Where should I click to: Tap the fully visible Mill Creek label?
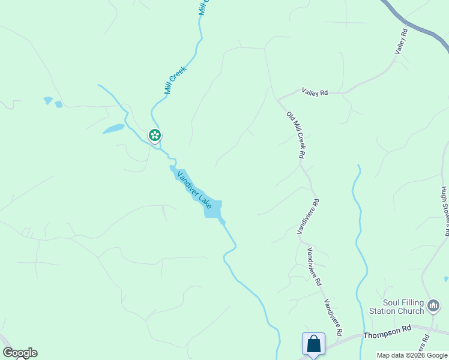pyautogui.click(x=175, y=80)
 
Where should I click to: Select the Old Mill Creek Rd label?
pyautogui.click(x=296, y=135)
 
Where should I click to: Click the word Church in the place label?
pyautogui.click(x=411, y=311)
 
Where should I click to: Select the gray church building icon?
pyautogui.click(x=433, y=307)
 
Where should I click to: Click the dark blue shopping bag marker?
pyautogui.click(x=313, y=344)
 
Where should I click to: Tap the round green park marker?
pyautogui.click(x=155, y=135)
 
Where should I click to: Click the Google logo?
pyautogui.click(x=20, y=353)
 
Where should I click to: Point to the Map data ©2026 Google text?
pyautogui.click(x=412, y=355)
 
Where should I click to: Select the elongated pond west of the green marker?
pyautogui.click(x=113, y=128)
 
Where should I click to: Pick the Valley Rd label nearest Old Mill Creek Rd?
pyautogui.click(x=315, y=92)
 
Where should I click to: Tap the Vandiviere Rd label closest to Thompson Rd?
pyautogui.click(x=333, y=317)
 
